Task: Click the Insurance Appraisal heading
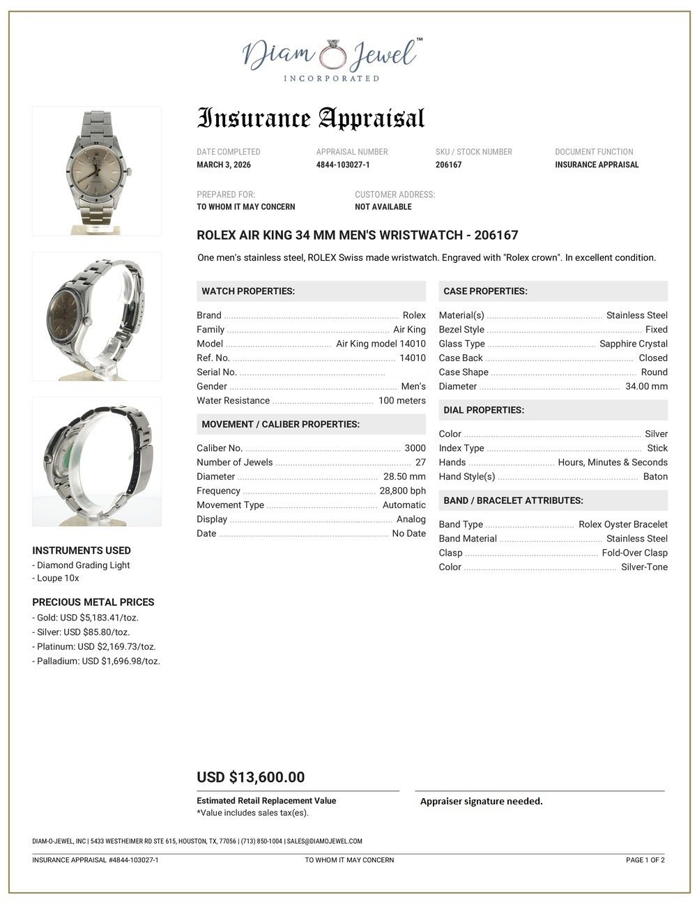click(311, 119)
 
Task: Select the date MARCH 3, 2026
click(224, 165)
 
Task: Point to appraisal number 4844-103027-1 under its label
click(343, 165)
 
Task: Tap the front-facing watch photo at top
click(97, 171)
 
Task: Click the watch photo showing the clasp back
click(97, 461)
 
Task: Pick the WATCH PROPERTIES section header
click(248, 291)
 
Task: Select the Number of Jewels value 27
click(420, 462)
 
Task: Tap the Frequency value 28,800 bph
click(402, 491)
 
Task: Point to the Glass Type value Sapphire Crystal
click(633, 344)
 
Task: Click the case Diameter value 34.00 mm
click(646, 386)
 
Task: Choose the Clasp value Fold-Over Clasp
click(634, 553)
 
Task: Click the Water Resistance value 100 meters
click(401, 401)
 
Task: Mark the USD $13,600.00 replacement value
click(250, 777)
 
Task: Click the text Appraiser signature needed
click(481, 802)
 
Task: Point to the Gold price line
click(85, 618)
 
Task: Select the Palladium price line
click(96, 661)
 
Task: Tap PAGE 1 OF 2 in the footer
click(645, 860)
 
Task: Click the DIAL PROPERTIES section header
click(484, 410)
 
